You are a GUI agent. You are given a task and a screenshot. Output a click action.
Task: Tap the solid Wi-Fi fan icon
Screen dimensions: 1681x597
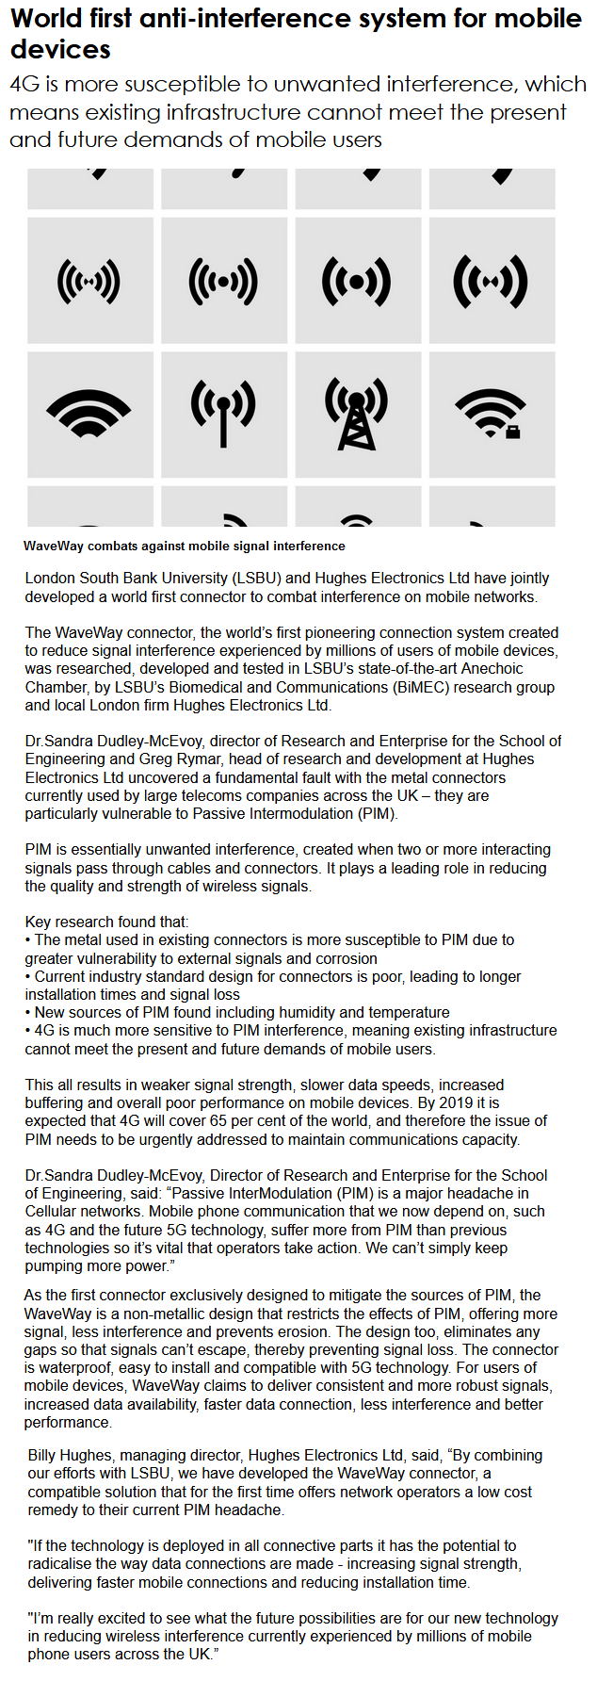pos(89,414)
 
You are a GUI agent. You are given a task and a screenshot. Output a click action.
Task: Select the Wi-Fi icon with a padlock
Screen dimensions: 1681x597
pos(491,414)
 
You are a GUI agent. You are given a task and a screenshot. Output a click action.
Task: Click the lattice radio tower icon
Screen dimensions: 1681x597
pos(357,414)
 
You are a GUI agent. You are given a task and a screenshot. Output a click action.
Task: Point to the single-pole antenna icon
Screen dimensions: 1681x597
pos(223,414)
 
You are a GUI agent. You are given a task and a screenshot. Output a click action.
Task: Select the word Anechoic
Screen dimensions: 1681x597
pos(488,669)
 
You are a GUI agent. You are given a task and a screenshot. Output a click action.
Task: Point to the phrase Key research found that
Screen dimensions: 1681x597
pos(106,922)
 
